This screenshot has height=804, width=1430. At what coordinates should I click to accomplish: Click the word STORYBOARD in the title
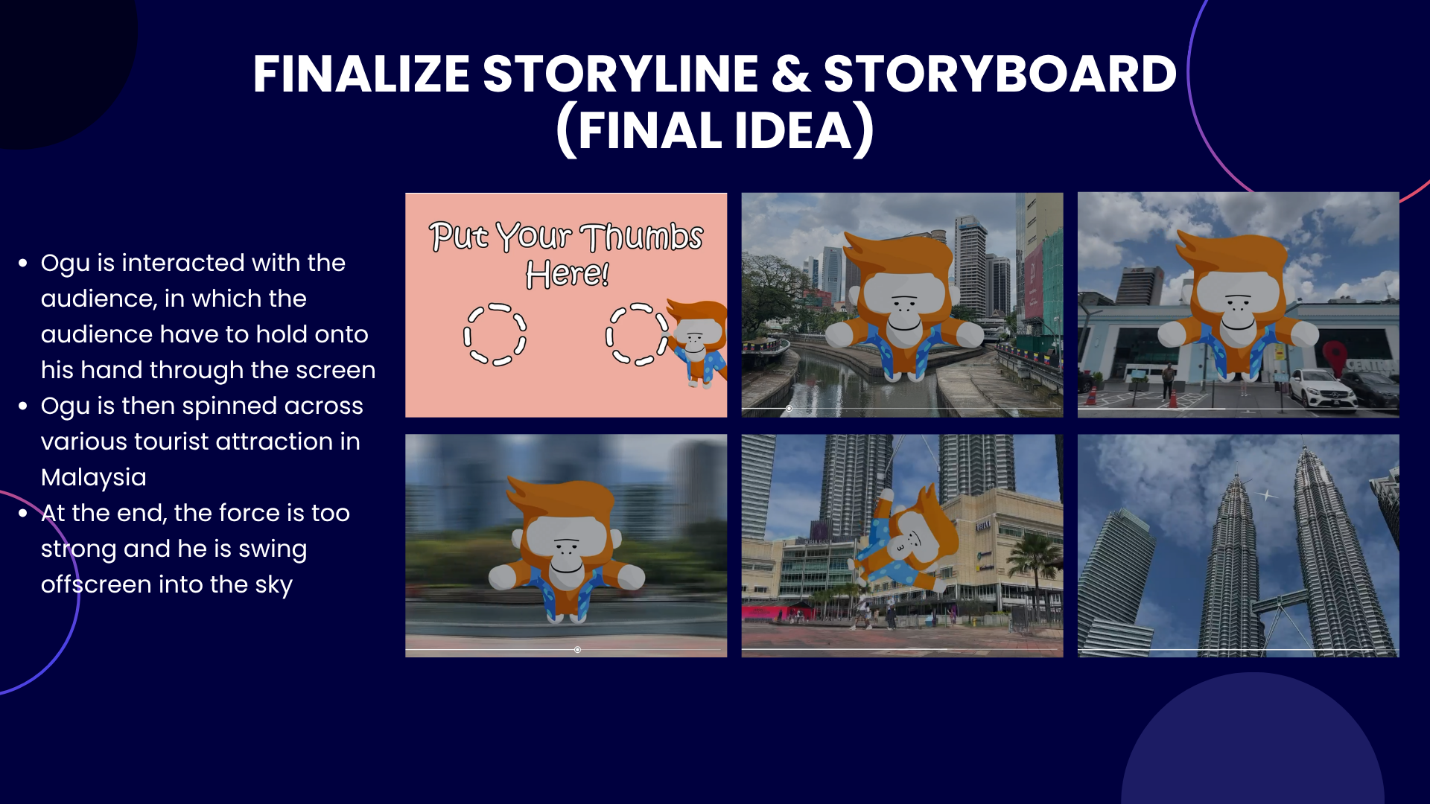point(1000,74)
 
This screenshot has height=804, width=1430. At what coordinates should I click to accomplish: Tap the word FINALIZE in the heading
point(360,74)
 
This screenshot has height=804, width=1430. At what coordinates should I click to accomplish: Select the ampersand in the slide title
point(791,74)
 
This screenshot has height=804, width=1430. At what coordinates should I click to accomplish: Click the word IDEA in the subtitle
point(792,131)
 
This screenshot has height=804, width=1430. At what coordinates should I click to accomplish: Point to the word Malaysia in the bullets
point(94,477)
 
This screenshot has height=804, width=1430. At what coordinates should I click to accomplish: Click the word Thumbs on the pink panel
point(641,237)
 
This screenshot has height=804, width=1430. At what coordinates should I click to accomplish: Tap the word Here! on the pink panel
point(568,274)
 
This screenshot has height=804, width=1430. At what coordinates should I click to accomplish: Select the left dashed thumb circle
point(495,334)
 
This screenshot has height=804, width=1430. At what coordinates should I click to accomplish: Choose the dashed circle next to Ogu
point(638,334)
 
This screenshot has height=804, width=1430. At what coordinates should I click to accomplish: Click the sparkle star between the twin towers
point(1267,495)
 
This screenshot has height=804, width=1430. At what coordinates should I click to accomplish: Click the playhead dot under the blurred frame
point(577,650)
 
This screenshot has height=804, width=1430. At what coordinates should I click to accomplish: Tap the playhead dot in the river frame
point(789,409)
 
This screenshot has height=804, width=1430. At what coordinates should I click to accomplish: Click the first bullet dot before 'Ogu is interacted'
point(23,263)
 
